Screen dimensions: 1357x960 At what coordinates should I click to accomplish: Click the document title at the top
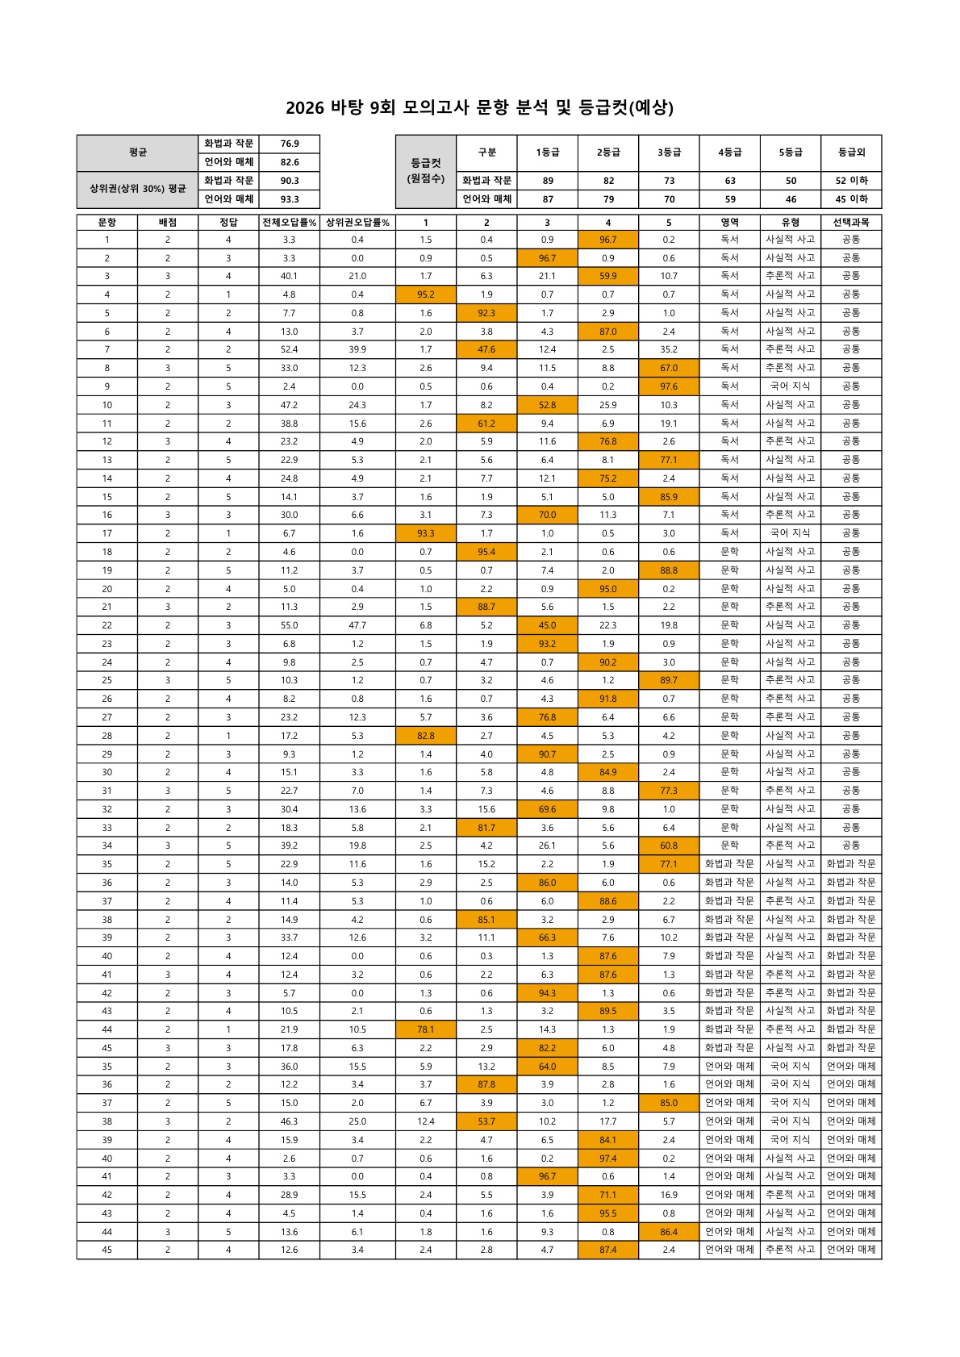point(479,107)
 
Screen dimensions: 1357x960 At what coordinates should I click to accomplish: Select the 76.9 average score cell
point(290,144)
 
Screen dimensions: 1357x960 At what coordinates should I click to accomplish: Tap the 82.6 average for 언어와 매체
point(290,162)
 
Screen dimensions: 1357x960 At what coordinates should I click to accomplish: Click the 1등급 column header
point(548,152)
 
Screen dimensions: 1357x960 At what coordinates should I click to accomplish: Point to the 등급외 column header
point(851,152)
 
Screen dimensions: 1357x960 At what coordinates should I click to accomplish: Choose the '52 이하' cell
point(851,181)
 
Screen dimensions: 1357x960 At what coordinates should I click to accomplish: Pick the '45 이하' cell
point(851,199)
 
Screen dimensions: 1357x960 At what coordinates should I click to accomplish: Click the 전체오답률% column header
point(289,222)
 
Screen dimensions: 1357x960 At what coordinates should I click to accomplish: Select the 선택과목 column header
point(851,222)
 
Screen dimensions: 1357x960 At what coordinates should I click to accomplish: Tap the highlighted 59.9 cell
point(608,276)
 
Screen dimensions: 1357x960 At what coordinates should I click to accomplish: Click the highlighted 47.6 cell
point(486,349)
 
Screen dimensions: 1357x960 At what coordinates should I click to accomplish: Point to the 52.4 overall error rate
point(289,349)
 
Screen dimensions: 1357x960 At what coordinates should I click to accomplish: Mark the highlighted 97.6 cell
point(669,386)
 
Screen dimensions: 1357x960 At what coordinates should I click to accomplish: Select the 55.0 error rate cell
point(289,625)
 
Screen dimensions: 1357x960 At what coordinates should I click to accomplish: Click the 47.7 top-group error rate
point(357,625)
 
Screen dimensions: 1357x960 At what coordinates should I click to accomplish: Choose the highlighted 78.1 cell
point(426,1029)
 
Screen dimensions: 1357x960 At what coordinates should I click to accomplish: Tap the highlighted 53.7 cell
point(486,1121)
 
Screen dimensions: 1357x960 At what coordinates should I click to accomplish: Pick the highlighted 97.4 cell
point(608,1159)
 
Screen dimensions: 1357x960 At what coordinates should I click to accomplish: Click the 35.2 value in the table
point(669,349)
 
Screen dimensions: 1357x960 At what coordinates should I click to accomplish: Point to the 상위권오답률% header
point(357,222)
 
